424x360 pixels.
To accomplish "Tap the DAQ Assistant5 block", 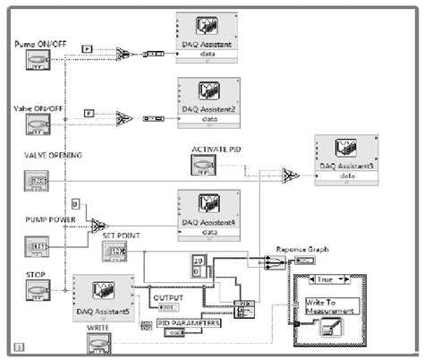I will [x=103, y=296].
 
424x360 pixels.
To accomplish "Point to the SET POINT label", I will [x=121, y=236].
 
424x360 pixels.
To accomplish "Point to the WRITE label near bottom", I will [x=99, y=330].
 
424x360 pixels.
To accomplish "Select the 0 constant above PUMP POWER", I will [x=76, y=203].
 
